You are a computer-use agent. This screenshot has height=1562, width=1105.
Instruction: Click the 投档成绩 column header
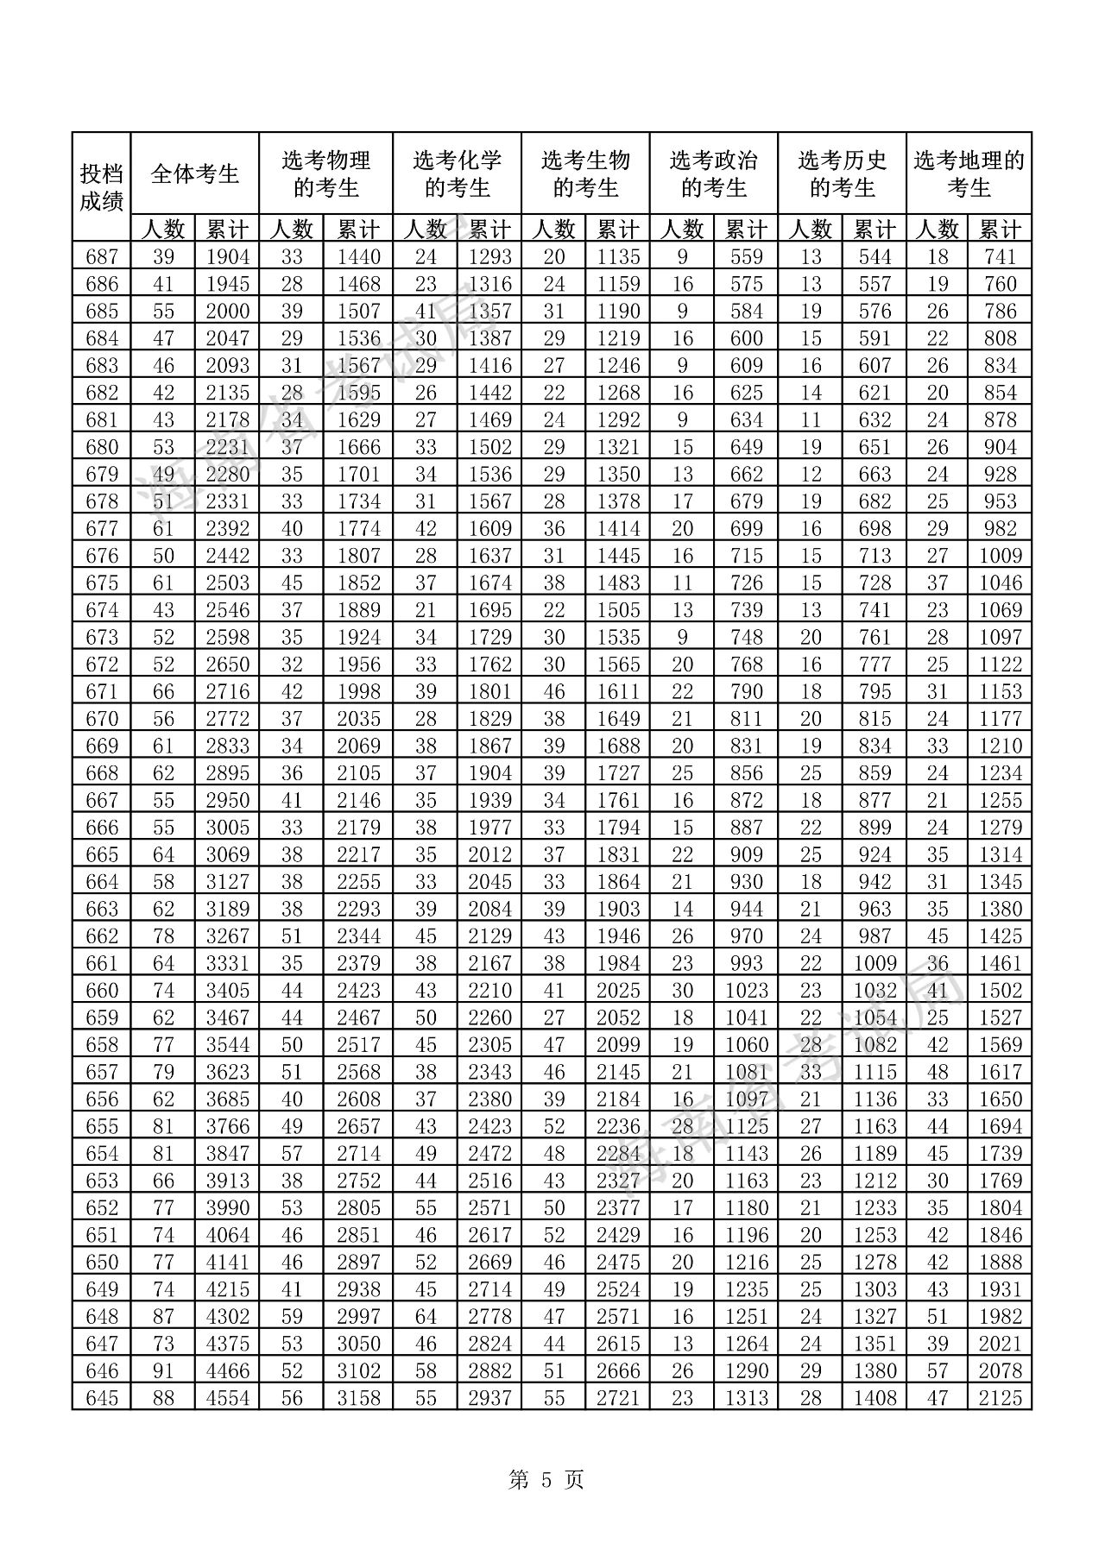[x=101, y=186]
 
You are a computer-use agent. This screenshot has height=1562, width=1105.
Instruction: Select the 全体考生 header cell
[x=194, y=173]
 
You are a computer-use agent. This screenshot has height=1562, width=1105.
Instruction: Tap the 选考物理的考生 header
[x=325, y=173]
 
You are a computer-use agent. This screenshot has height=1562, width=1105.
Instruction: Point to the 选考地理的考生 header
[x=969, y=173]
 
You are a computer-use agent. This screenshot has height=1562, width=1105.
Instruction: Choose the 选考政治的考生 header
[x=713, y=173]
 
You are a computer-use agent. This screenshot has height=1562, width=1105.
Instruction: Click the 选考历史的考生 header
[x=842, y=173]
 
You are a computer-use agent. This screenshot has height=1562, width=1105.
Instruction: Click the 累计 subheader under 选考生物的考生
[x=617, y=230]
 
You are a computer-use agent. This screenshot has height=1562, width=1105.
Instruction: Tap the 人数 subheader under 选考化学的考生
[x=425, y=230]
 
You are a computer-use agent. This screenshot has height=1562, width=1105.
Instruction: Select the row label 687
[x=101, y=256]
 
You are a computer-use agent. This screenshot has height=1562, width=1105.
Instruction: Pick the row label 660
[x=101, y=990]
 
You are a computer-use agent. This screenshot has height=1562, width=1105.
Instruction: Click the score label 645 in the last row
[x=101, y=1398]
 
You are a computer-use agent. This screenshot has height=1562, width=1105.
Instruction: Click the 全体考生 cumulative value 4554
[x=227, y=1398]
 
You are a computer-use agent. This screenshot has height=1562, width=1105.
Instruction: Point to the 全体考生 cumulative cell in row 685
[x=227, y=311]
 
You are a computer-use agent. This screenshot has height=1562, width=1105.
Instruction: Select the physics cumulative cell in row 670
[x=358, y=718]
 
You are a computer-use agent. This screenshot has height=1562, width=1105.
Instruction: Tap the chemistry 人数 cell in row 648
[x=425, y=1316]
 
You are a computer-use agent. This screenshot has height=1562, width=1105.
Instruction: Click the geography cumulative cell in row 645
[x=1001, y=1398]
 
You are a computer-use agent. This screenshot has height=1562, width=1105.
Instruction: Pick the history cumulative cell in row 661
[x=875, y=963]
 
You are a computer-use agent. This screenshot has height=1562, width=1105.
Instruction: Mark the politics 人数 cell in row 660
[x=682, y=990]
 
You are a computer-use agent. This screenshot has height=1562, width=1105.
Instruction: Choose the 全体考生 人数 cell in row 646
[x=163, y=1370]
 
